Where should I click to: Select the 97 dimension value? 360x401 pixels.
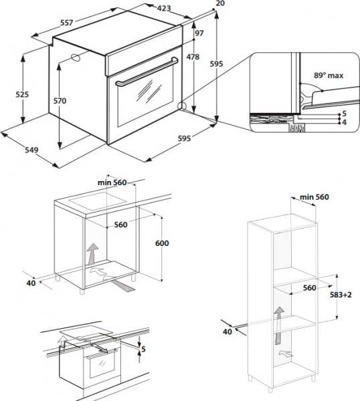pos(198,33)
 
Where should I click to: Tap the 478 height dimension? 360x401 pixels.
pos(193,57)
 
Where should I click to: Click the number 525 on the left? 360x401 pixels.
pos(22,95)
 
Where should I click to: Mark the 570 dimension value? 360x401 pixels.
pos(60,101)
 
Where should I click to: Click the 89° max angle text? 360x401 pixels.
pos(329,76)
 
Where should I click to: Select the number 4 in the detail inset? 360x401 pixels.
pos(344,122)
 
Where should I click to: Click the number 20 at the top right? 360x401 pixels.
pos(221,3)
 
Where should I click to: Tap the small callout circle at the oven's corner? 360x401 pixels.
pos(182,105)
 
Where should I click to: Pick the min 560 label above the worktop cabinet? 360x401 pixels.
pos(112,183)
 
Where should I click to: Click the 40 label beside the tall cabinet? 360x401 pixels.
pos(228,330)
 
